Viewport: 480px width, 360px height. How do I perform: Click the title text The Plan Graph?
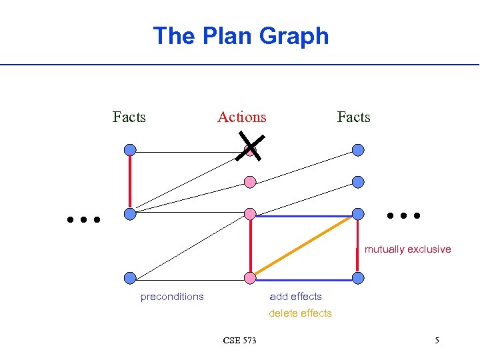coord(241,35)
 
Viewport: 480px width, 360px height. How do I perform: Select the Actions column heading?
coord(241,117)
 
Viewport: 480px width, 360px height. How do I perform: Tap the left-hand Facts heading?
coord(129,117)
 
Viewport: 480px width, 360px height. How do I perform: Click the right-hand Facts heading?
coord(353,117)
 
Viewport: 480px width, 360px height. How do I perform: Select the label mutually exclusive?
coord(407,249)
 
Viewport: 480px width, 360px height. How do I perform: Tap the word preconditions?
coord(172,297)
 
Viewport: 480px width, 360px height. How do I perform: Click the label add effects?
coord(295,297)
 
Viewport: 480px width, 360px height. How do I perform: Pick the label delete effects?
coord(300,313)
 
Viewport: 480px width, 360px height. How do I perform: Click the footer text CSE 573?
coord(239,341)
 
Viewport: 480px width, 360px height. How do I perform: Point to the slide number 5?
coord(437,341)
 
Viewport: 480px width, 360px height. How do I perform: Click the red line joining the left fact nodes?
coord(130,182)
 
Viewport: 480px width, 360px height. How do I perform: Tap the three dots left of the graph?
coord(83,219)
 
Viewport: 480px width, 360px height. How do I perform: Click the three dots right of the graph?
coord(404,215)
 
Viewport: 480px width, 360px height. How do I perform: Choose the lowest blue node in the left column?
coord(130,278)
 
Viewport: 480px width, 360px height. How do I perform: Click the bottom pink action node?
coord(250,278)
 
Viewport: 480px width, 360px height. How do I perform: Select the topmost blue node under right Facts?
coord(358,150)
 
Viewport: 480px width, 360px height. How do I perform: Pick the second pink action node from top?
coord(250,181)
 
